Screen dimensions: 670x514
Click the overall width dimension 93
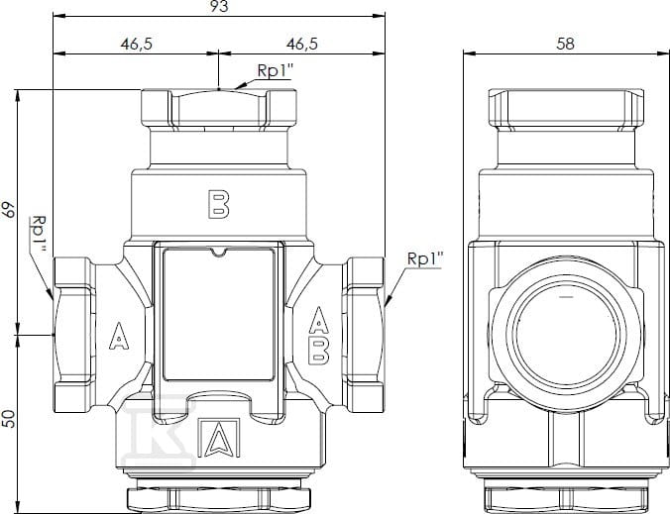pyautogui.click(x=219, y=6)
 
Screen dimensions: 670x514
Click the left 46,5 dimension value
pyautogui.click(x=137, y=44)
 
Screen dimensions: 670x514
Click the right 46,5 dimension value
pyautogui.click(x=302, y=44)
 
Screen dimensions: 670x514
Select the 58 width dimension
pyautogui.click(x=565, y=44)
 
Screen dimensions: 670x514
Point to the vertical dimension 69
pyautogui.click(x=9, y=210)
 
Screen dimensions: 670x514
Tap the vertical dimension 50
pyautogui.click(x=9, y=419)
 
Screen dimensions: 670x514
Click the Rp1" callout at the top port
pyautogui.click(x=275, y=70)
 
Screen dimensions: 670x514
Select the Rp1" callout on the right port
pyautogui.click(x=425, y=258)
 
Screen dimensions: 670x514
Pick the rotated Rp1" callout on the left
pyautogui.click(x=40, y=233)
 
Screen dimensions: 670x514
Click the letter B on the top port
pyautogui.click(x=218, y=204)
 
